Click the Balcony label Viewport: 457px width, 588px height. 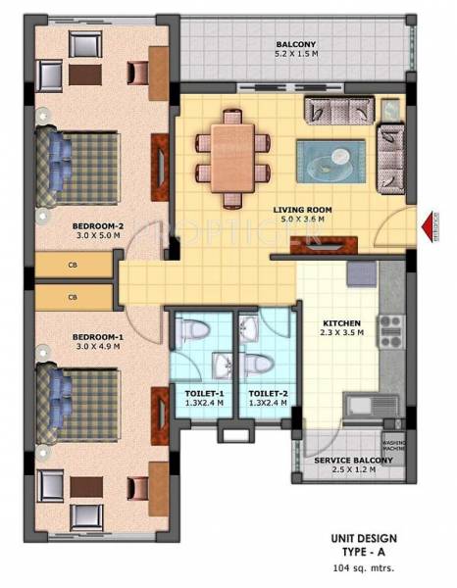(295, 44)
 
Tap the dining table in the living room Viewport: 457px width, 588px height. (232, 146)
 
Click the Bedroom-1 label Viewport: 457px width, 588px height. (95, 337)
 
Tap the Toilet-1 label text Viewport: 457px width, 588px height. (205, 392)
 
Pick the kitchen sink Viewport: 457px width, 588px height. (357, 402)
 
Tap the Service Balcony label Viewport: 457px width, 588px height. (354, 460)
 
